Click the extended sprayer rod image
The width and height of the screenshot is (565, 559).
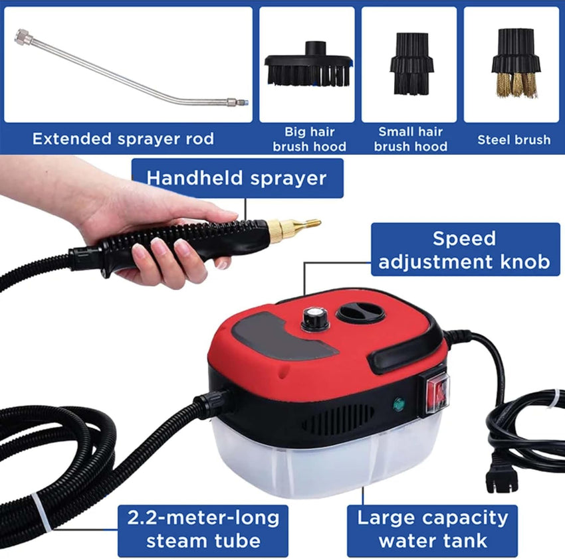tap(126, 66)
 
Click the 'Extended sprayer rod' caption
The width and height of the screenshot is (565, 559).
tap(123, 139)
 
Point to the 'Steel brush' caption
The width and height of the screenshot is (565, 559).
tap(514, 139)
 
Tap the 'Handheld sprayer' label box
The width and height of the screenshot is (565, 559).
tap(237, 178)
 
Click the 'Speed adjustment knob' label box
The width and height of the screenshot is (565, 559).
tap(465, 250)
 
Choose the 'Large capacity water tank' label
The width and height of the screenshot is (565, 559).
tap(432, 528)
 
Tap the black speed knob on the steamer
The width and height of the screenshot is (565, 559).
tap(311, 319)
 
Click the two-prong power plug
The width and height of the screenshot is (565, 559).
tap(501, 475)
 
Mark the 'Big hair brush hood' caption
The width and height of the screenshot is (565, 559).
tap(308, 139)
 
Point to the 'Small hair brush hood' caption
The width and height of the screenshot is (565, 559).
tap(411, 139)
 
